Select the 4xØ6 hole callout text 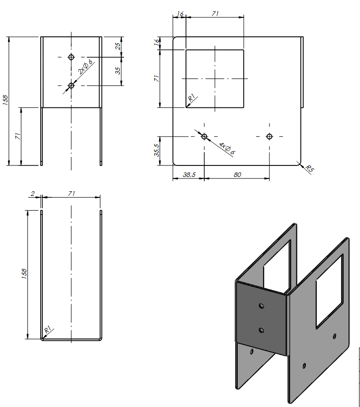227,148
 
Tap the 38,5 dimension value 188,174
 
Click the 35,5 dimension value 156,150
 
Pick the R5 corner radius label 309,169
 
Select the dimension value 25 118,46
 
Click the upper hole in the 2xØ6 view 71,57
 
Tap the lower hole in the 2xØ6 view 71,85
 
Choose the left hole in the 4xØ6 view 204,136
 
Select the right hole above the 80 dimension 270,136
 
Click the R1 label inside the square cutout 191,99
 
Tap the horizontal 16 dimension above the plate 180,14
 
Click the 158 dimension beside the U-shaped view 24,274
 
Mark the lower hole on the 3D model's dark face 262,329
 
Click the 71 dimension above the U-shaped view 71,194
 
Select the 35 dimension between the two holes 118,71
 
